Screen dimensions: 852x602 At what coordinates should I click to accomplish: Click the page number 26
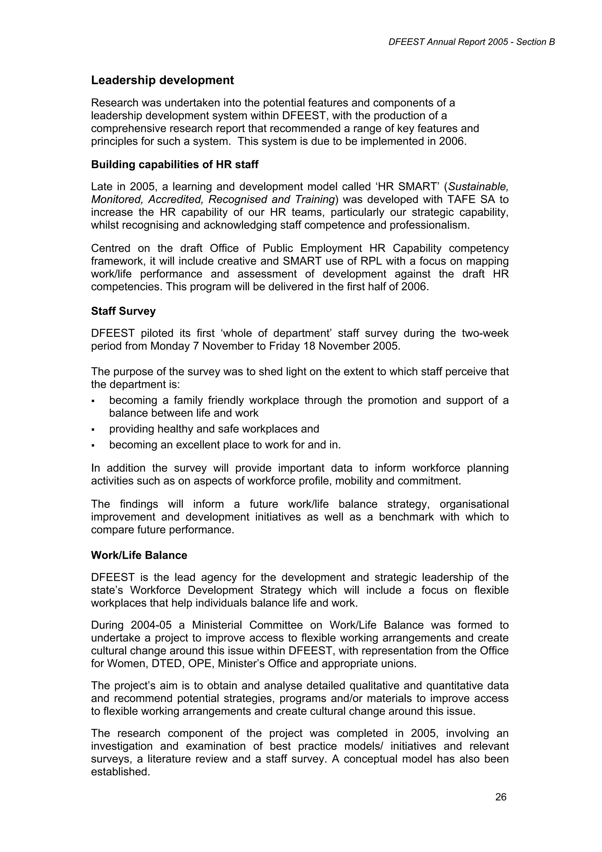coord(501,797)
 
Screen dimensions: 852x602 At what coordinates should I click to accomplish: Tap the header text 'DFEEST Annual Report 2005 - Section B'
coord(471,42)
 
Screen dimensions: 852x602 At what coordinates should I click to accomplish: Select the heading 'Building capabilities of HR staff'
coord(174,164)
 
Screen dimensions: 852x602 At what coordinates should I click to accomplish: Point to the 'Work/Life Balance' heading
coord(139,555)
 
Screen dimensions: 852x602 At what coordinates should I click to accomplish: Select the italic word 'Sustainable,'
coord(479,187)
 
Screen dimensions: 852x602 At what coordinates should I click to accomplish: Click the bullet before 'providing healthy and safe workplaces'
coord(93,430)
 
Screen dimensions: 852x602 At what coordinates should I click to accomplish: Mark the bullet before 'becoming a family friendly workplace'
coord(93,401)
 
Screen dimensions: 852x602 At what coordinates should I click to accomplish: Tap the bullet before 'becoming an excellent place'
coord(93,446)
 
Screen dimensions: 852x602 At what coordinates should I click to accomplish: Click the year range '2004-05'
coord(151,625)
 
